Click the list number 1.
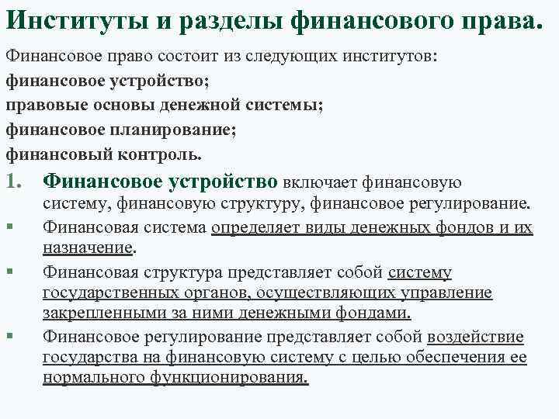point(15,182)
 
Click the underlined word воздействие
point(475,336)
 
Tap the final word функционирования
point(231,379)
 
